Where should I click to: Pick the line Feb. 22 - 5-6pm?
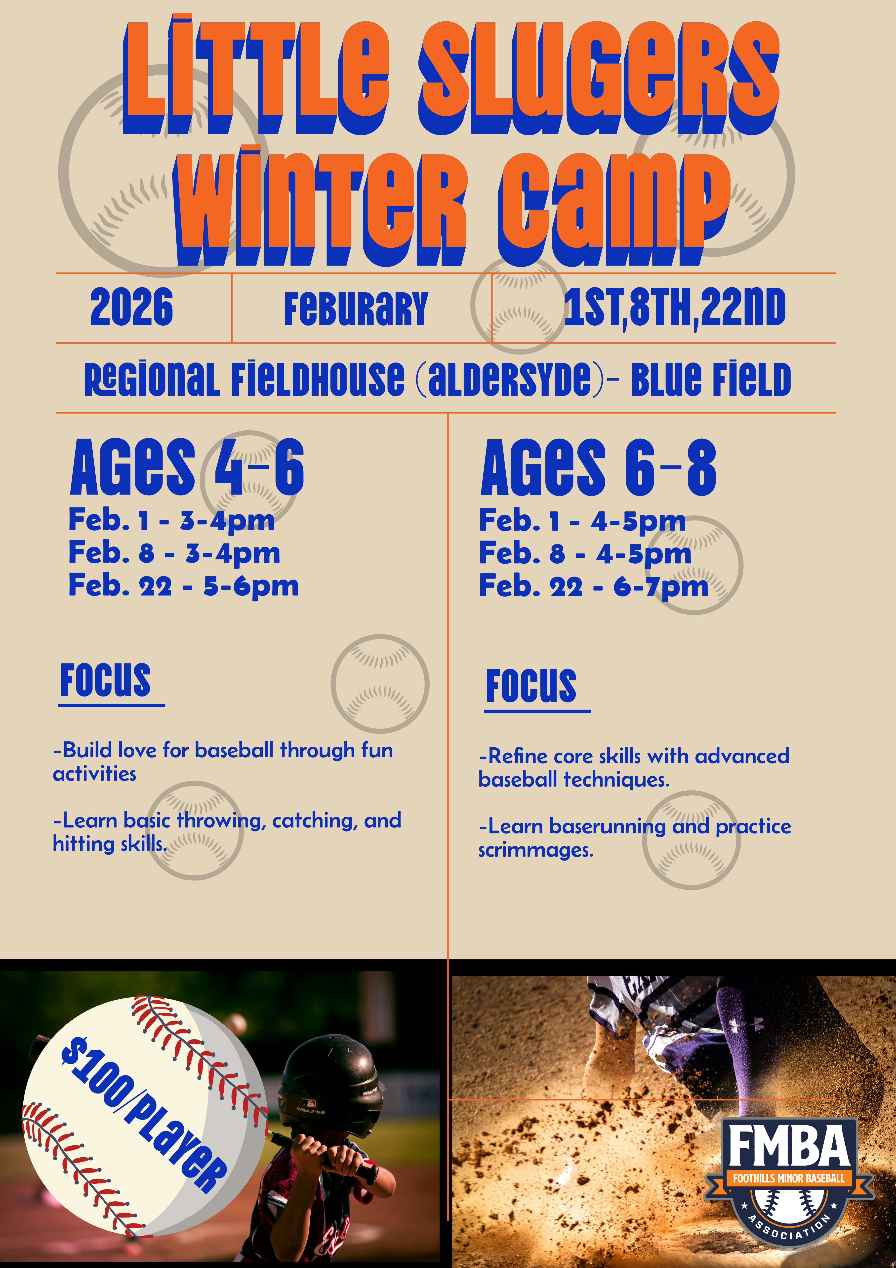pyautogui.click(x=183, y=586)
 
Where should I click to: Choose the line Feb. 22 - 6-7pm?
pyautogui.click(x=593, y=586)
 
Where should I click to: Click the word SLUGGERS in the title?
pyautogui.click(x=599, y=77)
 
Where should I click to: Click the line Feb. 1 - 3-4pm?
pyautogui.click(x=171, y=521)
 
